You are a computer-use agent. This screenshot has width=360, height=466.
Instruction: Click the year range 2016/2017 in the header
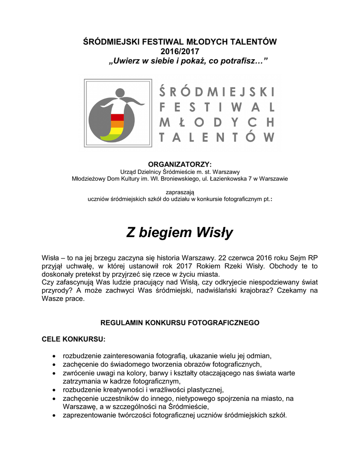click(179, 51)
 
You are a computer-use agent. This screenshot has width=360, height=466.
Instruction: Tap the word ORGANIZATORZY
click(179, 164)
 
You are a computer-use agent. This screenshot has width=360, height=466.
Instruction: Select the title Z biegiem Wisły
click(179, 233)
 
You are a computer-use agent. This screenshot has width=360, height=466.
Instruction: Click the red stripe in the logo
click(117, 117)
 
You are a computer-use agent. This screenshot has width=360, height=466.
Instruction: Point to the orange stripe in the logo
click(117, 124)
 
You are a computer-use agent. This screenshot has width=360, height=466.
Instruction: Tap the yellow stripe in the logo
click(117, 131)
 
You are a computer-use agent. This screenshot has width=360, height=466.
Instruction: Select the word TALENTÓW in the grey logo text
click(217, 137)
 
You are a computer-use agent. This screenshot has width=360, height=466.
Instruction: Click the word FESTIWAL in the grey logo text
click(217, 107)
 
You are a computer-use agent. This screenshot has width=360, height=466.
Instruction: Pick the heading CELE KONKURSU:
click(73, 339)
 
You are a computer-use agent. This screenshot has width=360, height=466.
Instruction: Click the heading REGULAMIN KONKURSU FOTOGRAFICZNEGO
click(179, 323)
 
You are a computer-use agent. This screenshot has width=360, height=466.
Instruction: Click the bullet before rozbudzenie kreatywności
click(55, 390)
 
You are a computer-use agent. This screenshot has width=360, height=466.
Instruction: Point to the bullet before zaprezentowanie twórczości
click(55, 415)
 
